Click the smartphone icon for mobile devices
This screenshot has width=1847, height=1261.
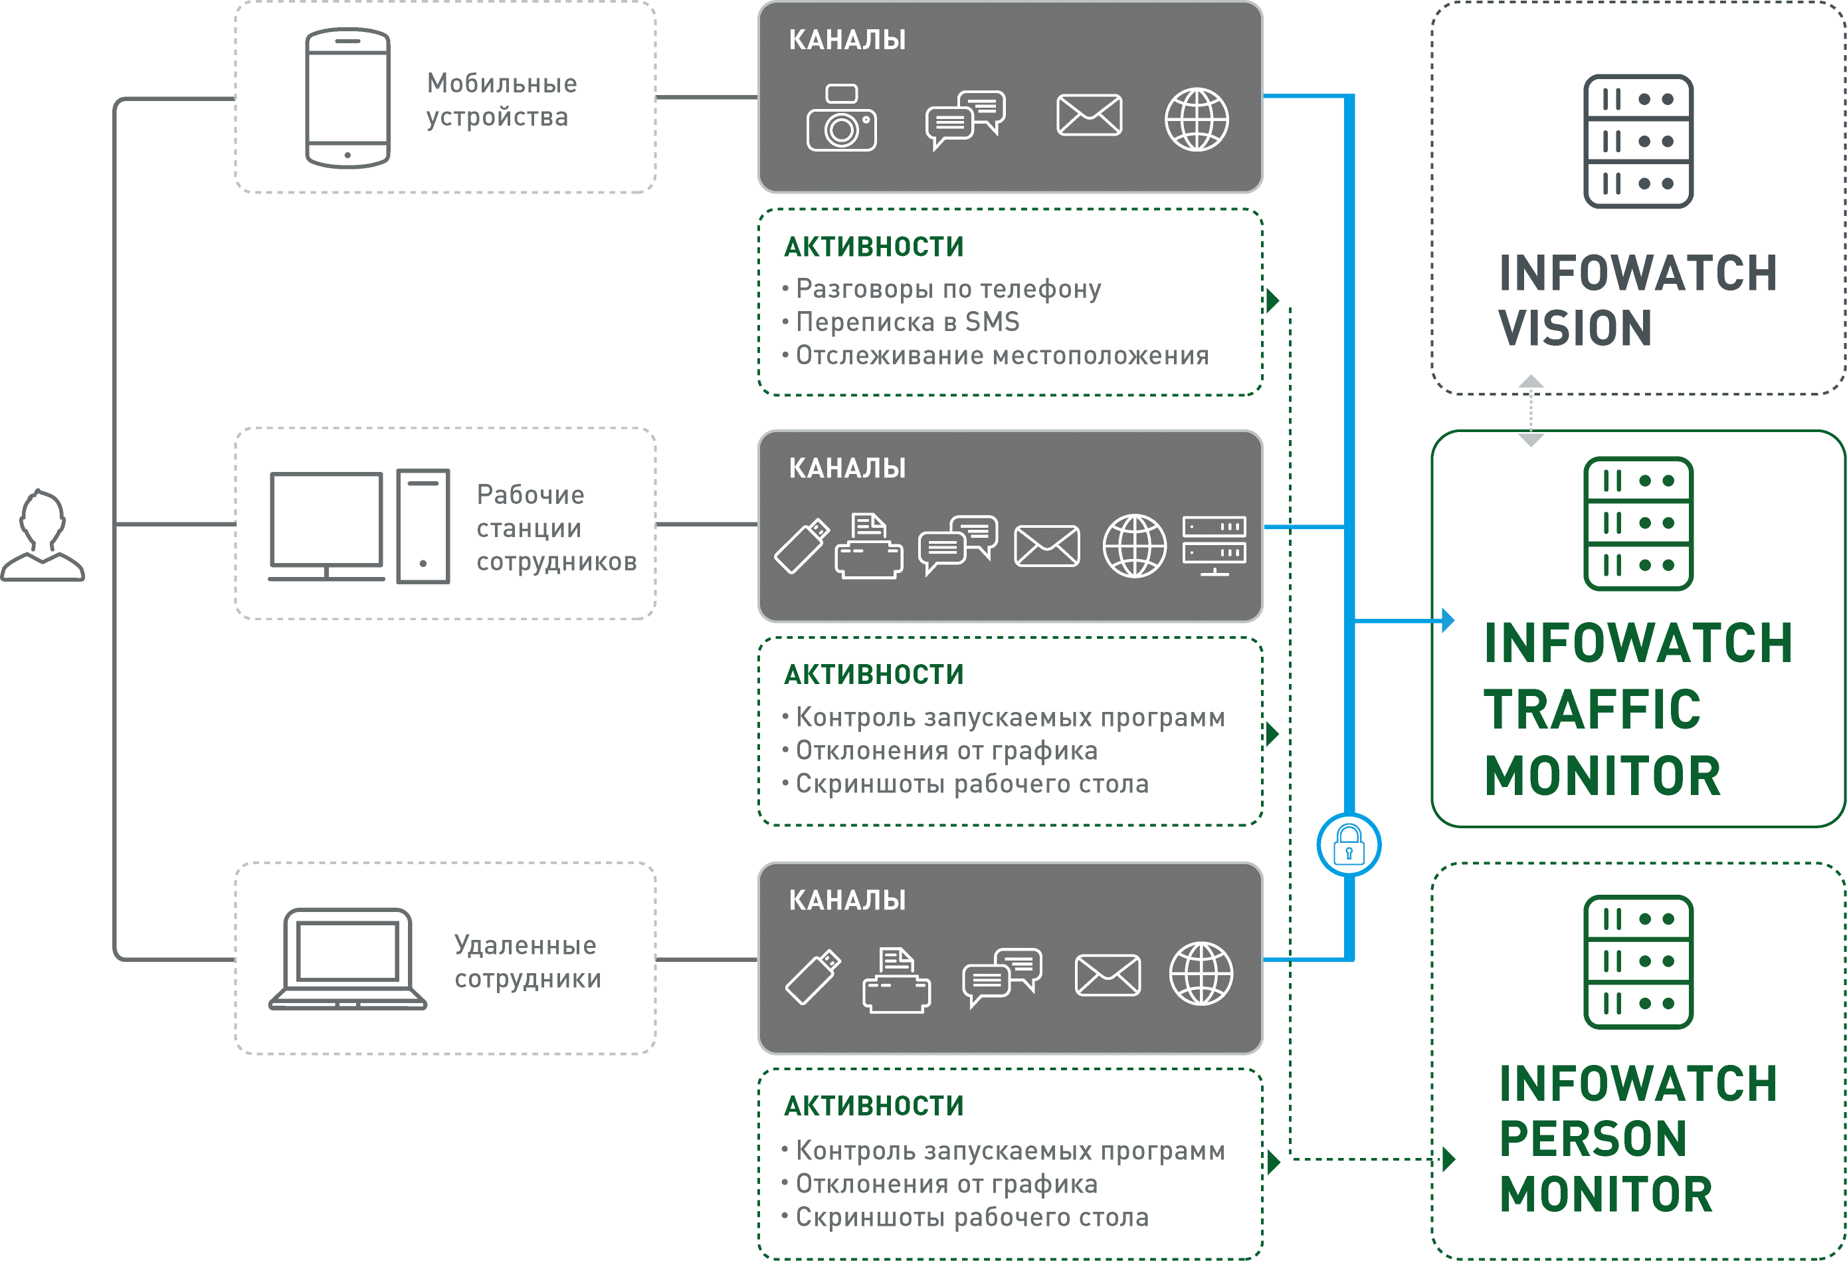tap(347, 98)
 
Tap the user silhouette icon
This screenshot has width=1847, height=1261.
tap(42, 535)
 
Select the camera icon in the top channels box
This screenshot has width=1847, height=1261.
tap(841, 119)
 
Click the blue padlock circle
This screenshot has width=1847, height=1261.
tap(1349, 844)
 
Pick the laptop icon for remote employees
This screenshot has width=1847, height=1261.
tap(347, 960)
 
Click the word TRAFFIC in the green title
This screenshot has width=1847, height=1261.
tap(1592, 709)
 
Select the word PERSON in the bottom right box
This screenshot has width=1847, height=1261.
tap(1593, 1139)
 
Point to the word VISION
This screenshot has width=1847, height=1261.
tap(1575, 328)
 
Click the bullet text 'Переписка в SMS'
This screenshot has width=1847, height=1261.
tap(907, 322)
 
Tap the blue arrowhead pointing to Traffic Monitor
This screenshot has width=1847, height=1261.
tap(1448, 620)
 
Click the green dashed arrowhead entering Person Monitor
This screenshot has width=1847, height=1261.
tap(1448, 1159)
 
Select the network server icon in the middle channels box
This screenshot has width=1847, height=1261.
tap(1214, 546)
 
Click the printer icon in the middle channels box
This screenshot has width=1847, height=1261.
tap(868, 546)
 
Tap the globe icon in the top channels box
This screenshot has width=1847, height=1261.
tap(1196, 119)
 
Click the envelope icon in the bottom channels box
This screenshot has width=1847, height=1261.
tap(1107, 974)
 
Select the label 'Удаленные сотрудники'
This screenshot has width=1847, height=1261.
tap(527, 961)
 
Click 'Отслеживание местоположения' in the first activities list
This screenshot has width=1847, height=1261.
tap(1001, 356)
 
